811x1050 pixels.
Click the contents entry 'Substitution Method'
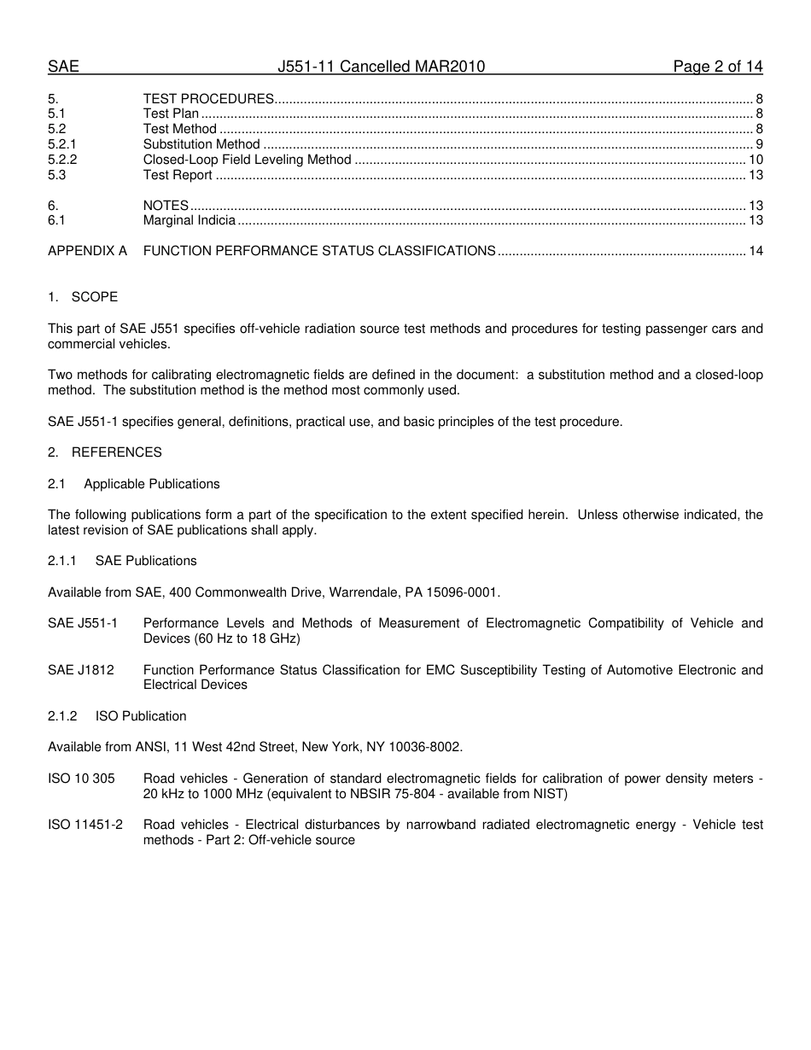click(x=201, y=144)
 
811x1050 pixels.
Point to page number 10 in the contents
click(x=756, y=160)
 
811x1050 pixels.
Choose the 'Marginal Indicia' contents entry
click(x=189, y=221)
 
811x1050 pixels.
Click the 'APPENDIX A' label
click(x=87, y=251)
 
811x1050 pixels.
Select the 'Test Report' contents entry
click(x=178, y=175)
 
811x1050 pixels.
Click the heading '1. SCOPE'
click(x=83, y=297)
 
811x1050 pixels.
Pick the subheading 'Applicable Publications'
click(x=151, y=484)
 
